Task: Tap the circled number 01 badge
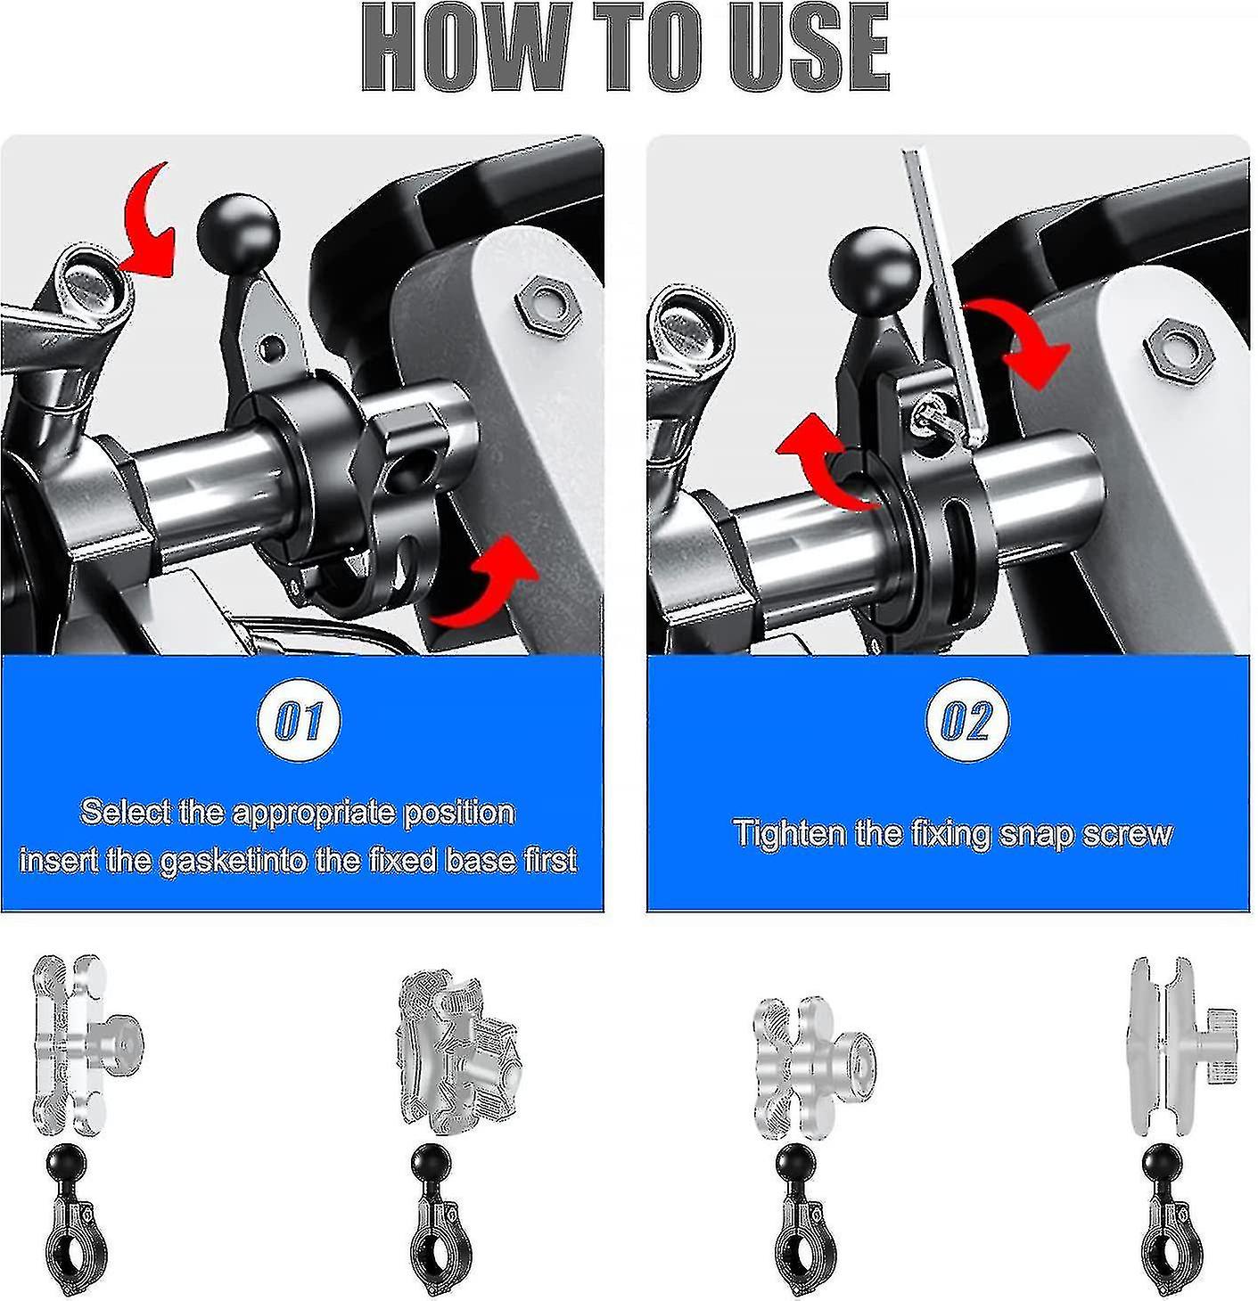click(x=300, y=720)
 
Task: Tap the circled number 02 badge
click(x=966, y=720)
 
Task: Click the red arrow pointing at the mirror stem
click(x=149, y=223)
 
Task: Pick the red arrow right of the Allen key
click(x=1025, y=343)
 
